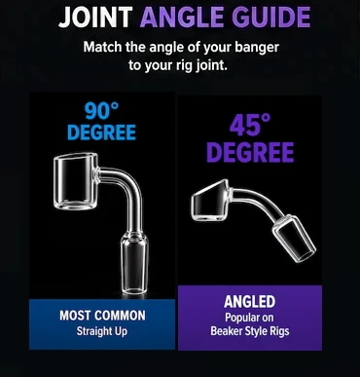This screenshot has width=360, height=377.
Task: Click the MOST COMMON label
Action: (x=102, y=316)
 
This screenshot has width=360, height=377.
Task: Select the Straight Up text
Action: (x=102, y=331)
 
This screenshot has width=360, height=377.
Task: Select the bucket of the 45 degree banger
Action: (x=222, y=196)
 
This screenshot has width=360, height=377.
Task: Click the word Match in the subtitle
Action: (x=101, y=48)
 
